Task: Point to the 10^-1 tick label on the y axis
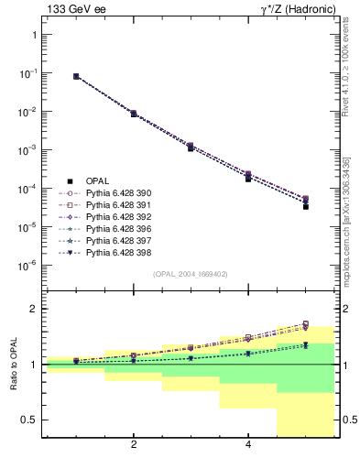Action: (27, 73)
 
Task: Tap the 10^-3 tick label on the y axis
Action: (27, 150)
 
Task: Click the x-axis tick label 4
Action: (248, 445)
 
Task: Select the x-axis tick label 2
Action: (134, 445)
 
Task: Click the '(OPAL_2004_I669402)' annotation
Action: (190, 274)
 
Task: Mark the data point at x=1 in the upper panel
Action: (76, 77)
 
